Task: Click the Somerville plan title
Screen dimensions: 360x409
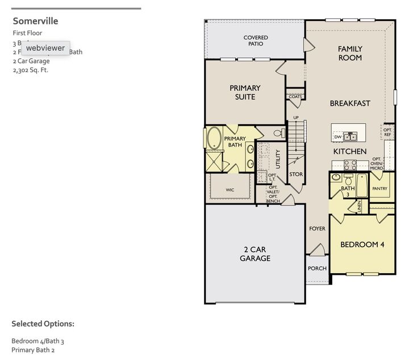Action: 35,21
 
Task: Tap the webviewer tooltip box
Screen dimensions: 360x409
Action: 45,48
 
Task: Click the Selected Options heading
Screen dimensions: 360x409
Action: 43,324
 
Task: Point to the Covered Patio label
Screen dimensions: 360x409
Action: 256,41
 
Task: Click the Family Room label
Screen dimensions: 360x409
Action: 350,53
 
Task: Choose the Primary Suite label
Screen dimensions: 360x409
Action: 245,92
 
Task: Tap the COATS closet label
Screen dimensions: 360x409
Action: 295,97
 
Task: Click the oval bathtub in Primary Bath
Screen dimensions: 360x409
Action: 214,139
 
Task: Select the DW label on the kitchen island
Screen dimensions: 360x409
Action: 338,137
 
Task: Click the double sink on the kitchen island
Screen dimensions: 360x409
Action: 350,136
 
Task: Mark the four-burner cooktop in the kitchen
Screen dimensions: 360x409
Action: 350,165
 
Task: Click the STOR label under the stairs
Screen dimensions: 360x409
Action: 296,174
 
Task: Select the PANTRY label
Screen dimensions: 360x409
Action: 379,188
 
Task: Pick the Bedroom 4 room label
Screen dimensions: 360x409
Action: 362,245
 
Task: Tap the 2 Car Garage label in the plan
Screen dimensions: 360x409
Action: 254,254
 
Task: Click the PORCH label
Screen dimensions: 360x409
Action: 316,268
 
